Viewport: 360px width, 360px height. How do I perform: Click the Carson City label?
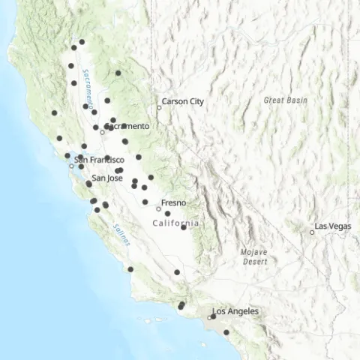(184, 101)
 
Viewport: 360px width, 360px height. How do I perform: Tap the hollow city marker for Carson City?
(159, 108)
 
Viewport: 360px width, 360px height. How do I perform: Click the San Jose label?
(106, 178)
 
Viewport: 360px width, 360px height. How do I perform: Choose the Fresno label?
(173, 202)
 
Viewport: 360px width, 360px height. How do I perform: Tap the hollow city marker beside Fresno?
(158, 208)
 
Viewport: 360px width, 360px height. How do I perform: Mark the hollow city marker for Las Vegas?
(312, 232)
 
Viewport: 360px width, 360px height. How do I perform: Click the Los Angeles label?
(235, 310)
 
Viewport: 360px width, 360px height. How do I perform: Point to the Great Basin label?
(280, 99)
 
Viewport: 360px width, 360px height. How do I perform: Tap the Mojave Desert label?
(254, 256)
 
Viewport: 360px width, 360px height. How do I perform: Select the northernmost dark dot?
(82, 42)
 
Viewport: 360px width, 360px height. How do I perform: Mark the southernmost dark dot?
(226, 331)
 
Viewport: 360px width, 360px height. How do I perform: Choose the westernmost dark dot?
(54, 113)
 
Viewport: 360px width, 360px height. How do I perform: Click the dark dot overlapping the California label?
(184, 227)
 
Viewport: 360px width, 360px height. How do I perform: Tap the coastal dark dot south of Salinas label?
(130, 268)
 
